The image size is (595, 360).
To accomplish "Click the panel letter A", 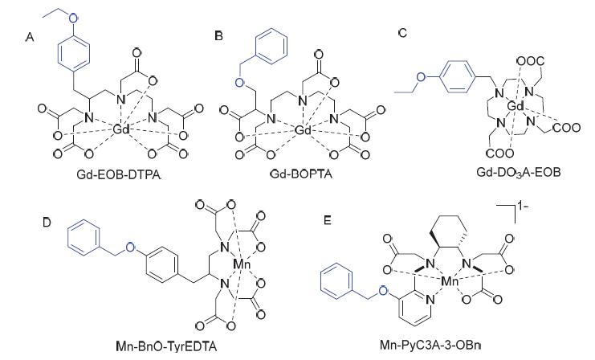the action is click(x=30, y=37).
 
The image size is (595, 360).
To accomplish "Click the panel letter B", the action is click(x=218, y=35).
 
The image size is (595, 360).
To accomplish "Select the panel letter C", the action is click(x=402, y=33).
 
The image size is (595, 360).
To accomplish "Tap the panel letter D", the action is click(x=47, y=222).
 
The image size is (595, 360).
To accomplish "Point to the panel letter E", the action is click(x=328, y=220).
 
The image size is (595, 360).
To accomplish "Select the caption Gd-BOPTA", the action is click(x=301, y=174).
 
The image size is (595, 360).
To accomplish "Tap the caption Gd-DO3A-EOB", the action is click(x=519, y=173).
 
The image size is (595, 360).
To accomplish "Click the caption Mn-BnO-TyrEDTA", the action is click(x=166, y=346).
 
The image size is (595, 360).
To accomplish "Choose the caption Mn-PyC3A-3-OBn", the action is click(x=430, y=345).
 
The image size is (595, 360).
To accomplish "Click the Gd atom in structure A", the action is click(x=121, y=129).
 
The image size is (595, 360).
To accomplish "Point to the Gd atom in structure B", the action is click(x=304, y=130).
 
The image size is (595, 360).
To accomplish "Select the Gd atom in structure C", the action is click(x=516, y=107).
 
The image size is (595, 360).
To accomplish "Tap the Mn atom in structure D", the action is click(x=242, y=264).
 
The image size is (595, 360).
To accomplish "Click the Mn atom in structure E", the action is click(x=450, y=281).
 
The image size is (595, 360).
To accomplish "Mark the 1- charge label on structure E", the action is click(x=523, y=207).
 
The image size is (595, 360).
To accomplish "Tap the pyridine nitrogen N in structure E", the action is click(x=430, y=300).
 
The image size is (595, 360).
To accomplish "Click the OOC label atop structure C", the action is click(x=531, y=61).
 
